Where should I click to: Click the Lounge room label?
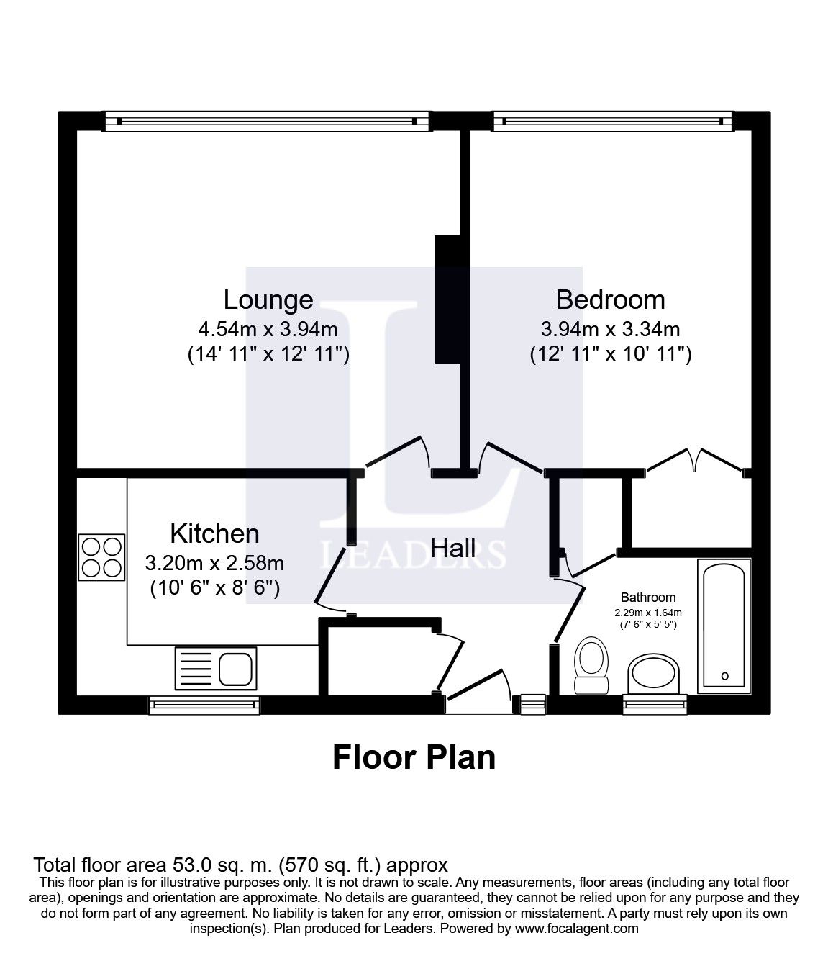(268, 299)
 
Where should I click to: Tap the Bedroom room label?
(610, 299)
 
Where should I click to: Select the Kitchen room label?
(214, 533)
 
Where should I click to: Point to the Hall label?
(452, 548)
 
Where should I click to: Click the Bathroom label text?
(648, 597)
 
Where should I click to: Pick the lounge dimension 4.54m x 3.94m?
(268, 330)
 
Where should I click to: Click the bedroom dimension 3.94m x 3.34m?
(610, 330)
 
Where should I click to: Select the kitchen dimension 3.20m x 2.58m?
(214, 562)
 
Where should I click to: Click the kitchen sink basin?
(236, 669)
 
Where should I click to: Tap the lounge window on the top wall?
(267, 121)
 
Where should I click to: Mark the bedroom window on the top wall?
(612, 121)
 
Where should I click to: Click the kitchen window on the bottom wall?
(204, 705)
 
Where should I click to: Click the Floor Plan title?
(414, 758)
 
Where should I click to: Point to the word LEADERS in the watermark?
(413, 555)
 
